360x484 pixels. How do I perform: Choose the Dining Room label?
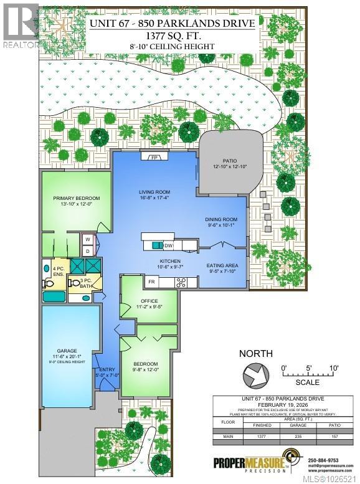[222, 219]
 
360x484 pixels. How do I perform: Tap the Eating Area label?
[222, 265]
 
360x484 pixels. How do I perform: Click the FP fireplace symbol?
[154, 158]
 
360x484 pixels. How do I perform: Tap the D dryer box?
[88, 250]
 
